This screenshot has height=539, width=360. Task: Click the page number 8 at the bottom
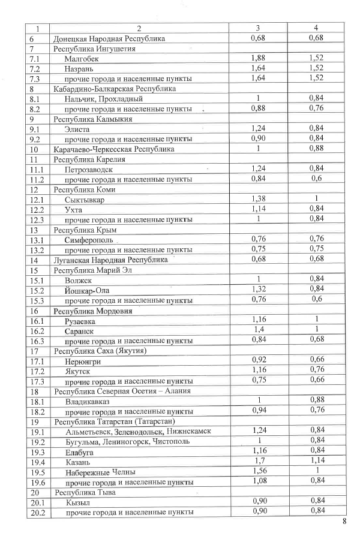coord(344,520)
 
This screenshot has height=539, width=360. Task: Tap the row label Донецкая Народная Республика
coord(109,39)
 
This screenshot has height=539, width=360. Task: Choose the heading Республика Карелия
coord(89,159)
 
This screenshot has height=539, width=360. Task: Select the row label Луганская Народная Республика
coord(109,260)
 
